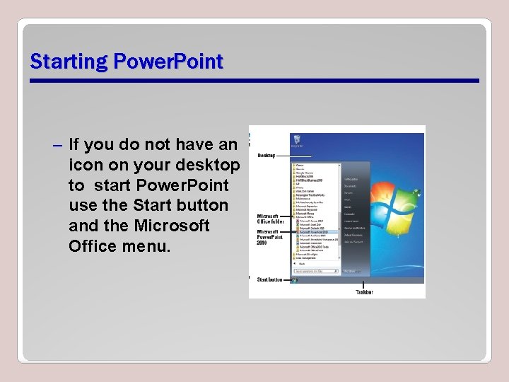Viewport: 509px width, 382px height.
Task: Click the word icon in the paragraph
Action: pyautogui.click(x=85, y=165)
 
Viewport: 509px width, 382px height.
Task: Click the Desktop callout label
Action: pyautogui.click(x=267, y=155)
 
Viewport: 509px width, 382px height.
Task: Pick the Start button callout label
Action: pyautogui.click(x=269, y=279)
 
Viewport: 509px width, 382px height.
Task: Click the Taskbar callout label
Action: pyautogui.click(x=364, y=291)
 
